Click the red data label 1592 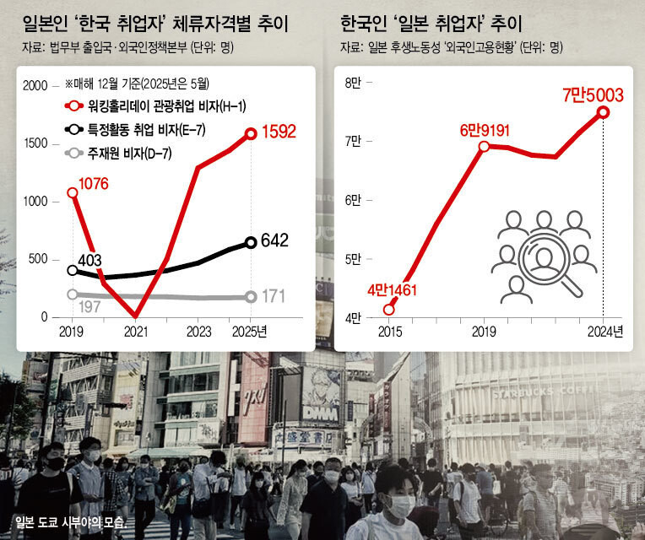(x=279, y=132)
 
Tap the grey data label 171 (x=271, y=296)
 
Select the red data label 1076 (x=95, y=182)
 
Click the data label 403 (x=89, y=258)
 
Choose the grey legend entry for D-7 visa (x=118, y=153)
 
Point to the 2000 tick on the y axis (x=36, y=85)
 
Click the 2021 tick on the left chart (x=135, y=331)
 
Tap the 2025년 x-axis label (x=250, y=331)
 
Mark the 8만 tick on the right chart (x=354, y=82)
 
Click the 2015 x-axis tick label (x=389, y=331)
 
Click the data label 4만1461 (x=393, y=292)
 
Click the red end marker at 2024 (x=604, y=112)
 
